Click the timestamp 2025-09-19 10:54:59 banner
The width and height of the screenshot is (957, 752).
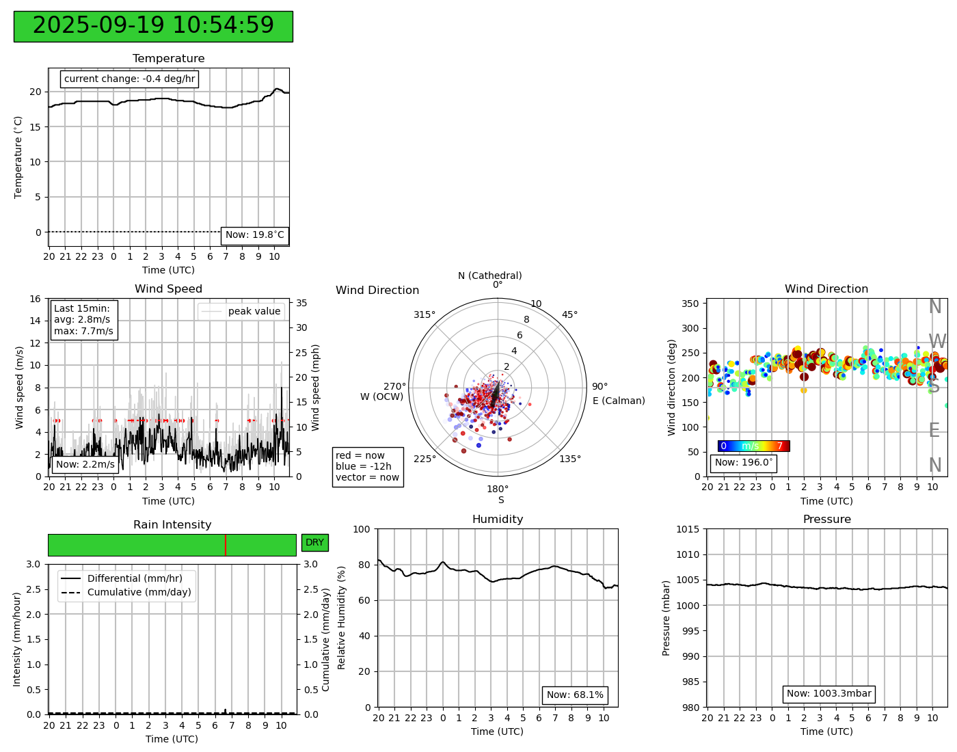153,26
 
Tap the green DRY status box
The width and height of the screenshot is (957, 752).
314,543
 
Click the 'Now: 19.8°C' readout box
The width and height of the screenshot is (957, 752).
254,235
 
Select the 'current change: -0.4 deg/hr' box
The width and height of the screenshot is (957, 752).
129,79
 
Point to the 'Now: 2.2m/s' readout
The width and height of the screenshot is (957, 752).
85,465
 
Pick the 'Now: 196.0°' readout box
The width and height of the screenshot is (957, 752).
743,463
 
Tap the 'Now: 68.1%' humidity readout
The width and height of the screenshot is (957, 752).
575,695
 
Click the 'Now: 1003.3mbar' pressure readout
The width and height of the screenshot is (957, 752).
828,694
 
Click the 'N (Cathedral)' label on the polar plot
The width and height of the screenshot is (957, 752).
489,276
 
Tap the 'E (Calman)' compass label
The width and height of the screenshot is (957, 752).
619,401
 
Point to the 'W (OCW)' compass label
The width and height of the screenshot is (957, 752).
381,397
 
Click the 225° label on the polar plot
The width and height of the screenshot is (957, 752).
424,459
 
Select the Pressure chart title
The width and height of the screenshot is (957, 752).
826,520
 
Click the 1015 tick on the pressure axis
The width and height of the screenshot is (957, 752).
688,529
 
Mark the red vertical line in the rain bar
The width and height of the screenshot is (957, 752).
226,545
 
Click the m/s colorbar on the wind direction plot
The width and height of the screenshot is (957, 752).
753,446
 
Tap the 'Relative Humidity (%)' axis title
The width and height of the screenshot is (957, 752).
342,617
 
